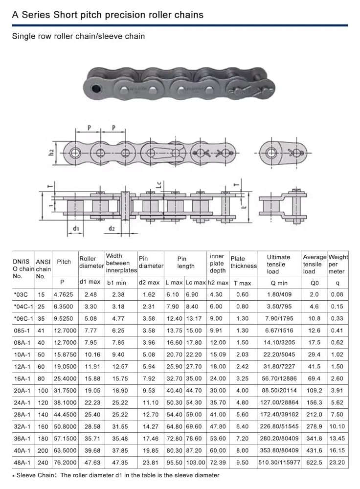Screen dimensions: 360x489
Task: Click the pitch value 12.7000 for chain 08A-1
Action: (x=65, y=342)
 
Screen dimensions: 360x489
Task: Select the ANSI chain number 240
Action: (x=43, y=463)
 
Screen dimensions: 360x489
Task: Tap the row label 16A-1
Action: (x=22, y=378)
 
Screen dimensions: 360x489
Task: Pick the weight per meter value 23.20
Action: (x=337, y=463)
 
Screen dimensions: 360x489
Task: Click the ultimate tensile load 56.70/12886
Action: (x=279, y=378)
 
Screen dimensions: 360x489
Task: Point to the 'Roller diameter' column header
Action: (x=91, y=262)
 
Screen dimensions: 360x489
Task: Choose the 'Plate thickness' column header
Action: (x=243, y=262)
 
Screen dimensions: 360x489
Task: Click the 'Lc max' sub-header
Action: (x=196, y=283)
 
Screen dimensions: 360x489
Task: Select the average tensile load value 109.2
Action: (x=314, y=390)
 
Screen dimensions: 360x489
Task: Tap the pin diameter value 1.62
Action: (x=149, y=294)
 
